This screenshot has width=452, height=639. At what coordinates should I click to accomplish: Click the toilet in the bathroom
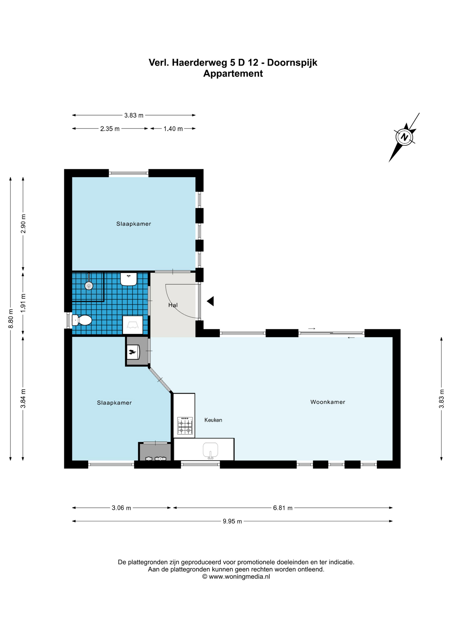[x=82, y=320]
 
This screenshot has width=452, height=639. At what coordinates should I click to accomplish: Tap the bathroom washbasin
[x=129, y=279]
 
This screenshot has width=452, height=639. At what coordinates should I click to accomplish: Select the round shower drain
[x=89, y=285]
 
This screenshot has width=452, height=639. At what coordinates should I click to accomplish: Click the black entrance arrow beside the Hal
[x=210, y=301]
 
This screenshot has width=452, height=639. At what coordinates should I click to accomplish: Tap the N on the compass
[x=404, y=137]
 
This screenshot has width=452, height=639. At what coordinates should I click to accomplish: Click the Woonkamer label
[x=328, y=402]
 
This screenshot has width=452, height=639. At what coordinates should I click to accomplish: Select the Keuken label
[x=213, y=420]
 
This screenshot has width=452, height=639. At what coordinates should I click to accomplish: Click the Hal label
[x=173, y=305]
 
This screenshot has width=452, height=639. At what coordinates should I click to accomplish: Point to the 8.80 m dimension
[x=11, y=319]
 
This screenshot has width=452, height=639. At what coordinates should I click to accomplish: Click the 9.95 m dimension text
[x=232, y=521]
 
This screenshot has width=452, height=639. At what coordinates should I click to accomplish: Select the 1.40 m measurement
[x=173, y=129]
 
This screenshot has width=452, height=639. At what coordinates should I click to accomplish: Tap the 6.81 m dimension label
[x=283, y=508]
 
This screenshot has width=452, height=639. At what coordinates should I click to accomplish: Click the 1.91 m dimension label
[x=23, y=303]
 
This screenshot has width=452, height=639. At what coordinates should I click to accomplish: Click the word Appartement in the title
[x=233, y=74]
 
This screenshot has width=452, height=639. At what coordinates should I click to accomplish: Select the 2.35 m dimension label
[x=110, y=129]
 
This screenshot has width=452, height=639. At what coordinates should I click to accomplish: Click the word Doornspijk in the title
[x=292, y=63]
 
